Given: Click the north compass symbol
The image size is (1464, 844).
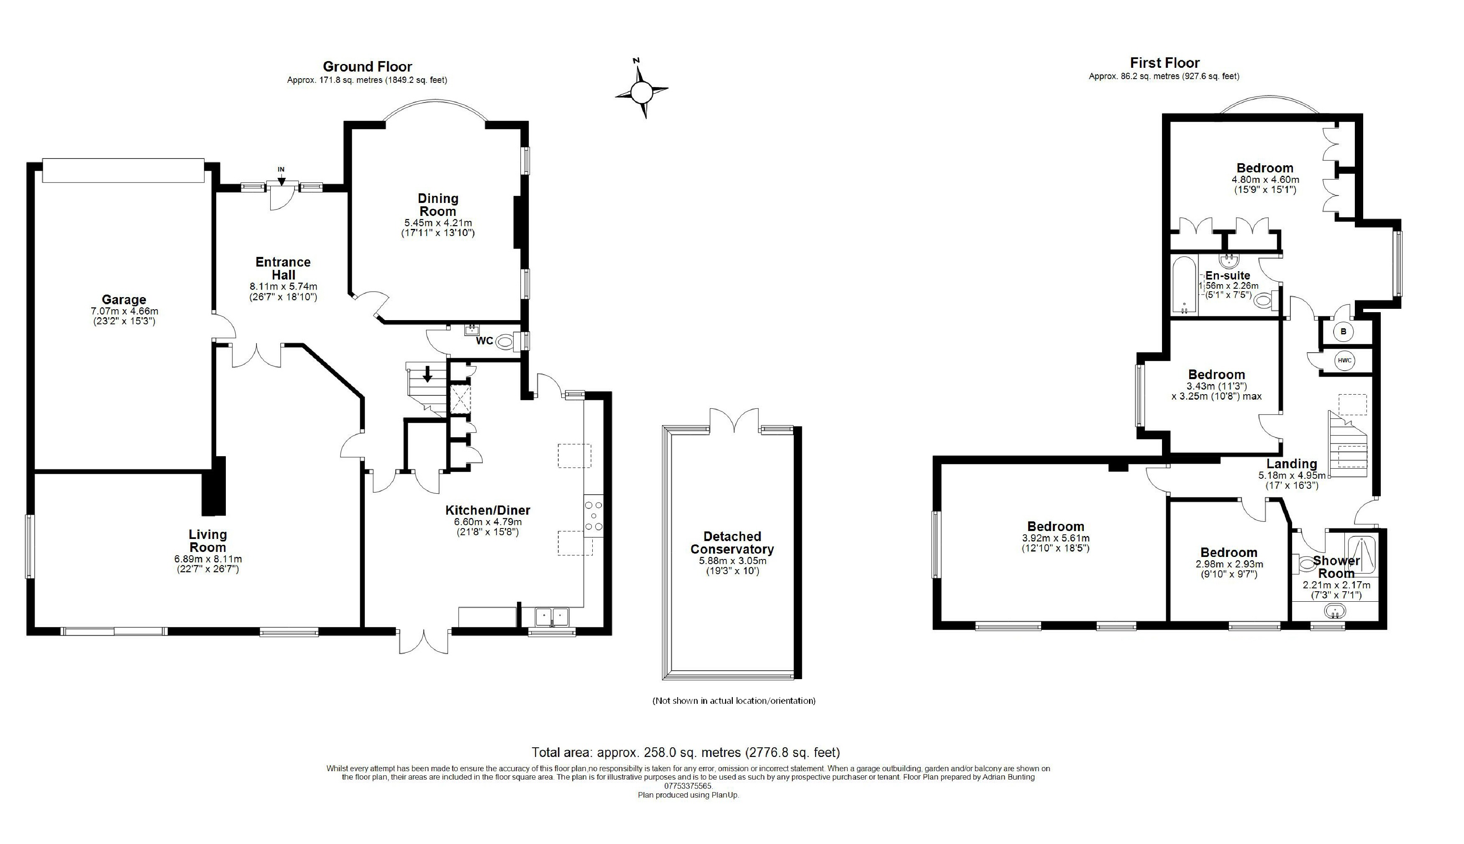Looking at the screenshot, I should point(641,91).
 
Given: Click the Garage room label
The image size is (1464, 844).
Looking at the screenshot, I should point(124,300).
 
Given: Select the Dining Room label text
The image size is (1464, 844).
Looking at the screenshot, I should point(438,205).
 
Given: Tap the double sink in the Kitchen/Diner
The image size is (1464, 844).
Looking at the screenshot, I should point(552,616).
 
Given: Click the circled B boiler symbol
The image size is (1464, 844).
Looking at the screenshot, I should point(1344,332).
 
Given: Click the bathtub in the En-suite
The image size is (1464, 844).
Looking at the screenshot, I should point(1184,285).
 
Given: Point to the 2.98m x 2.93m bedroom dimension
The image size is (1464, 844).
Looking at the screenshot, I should point(1229,564).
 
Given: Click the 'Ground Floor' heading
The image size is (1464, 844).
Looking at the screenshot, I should point(367,67).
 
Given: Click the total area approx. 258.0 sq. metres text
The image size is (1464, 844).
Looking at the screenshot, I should point(686,752).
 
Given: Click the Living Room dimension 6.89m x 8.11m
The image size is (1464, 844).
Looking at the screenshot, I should point(208,559).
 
